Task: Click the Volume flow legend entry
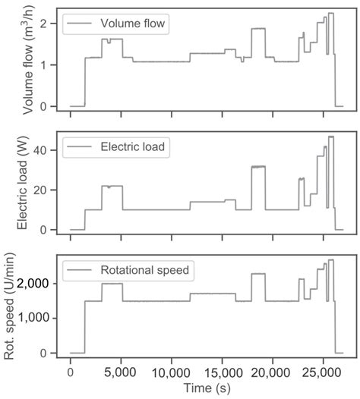click(134, 24)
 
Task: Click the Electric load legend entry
click(137, 146)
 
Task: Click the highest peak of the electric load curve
click(330, 137)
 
